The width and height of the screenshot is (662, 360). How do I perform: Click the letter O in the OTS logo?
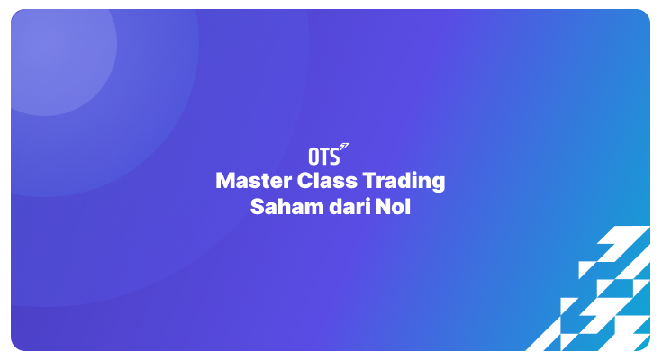coord(313,155)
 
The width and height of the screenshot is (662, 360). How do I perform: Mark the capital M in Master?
coord(224,181)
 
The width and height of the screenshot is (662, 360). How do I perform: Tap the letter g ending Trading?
coord(439,184)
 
